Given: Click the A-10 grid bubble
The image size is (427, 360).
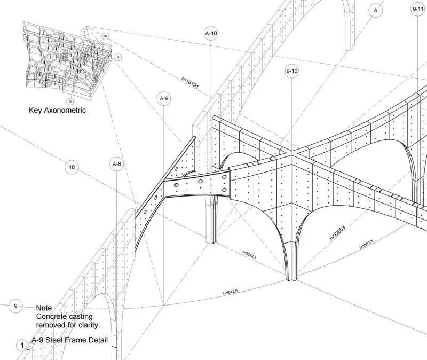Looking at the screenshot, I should click(211, 33).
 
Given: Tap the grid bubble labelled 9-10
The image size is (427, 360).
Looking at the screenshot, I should click(292, 71).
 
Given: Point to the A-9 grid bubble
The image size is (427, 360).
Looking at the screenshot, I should click(164, 99).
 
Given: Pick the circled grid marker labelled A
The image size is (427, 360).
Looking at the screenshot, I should click(376, 10).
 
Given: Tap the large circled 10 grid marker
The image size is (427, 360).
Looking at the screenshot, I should click(72, 168).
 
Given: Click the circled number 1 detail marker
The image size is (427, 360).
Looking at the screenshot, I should click(22, 346).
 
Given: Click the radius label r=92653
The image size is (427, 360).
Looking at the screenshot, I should click(338, 233).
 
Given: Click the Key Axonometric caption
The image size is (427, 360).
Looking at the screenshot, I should click(57, 111).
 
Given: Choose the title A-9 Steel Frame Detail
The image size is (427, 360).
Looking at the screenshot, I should click(69, 340).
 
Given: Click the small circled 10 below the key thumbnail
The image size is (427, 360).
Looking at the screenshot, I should click(70, 101).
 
